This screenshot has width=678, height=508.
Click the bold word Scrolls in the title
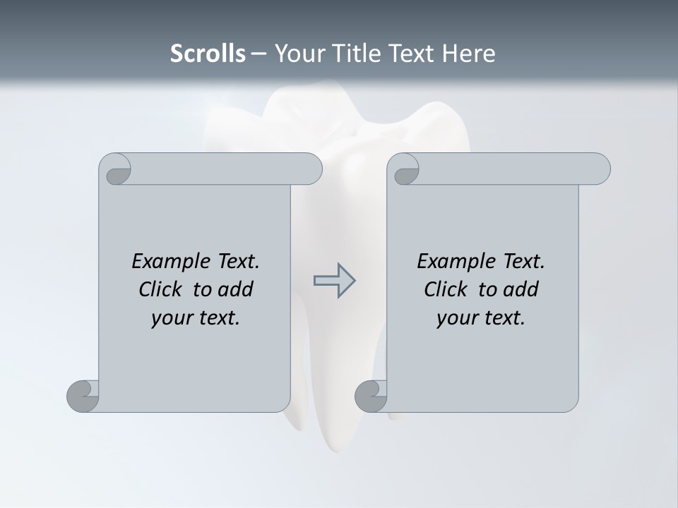pos(208,54)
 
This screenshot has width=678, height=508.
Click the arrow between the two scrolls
pos(334,281)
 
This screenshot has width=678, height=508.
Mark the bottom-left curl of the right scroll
pos(371,396)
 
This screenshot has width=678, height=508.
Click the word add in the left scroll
pos(236,289)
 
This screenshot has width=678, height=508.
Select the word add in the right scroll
pos(521,289)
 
